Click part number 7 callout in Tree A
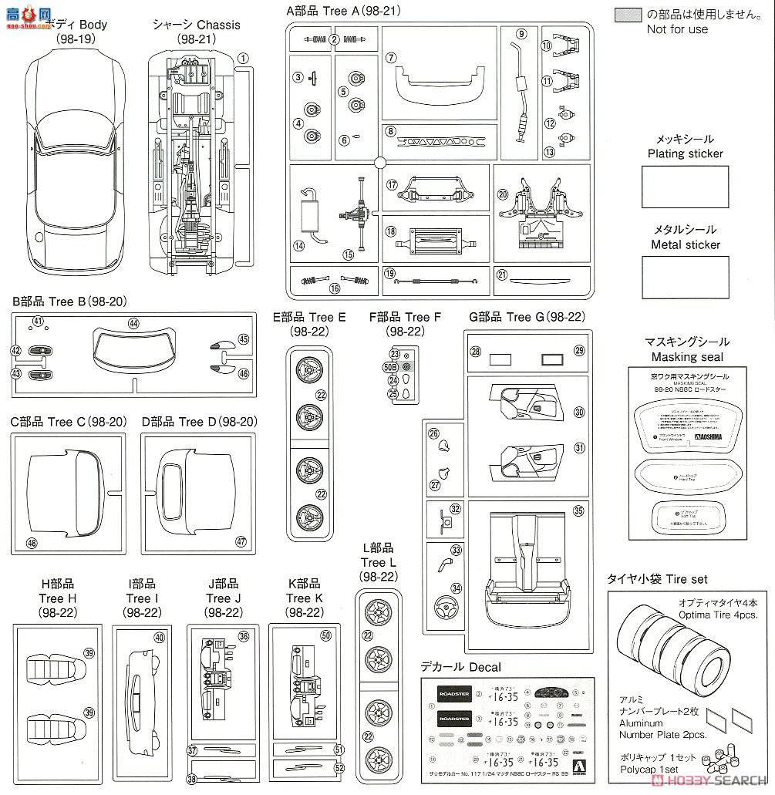click(391, 58)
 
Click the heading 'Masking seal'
click(687, 357)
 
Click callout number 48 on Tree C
click(32, 543)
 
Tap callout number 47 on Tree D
click(241, 541)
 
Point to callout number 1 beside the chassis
click(242, 58)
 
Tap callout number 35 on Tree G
click(578, 510)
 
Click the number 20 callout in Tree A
click(503, 194)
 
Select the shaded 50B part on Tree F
click(408, 366)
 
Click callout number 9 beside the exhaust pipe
click(521, 33)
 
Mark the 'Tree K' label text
click(303, 598)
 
